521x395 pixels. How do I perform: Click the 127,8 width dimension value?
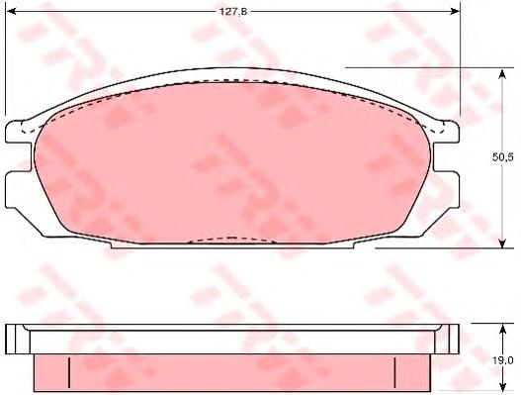coord(233,12)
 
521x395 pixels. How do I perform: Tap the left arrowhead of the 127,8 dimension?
coord(11,12)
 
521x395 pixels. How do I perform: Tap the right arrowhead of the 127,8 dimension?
coord(455,12)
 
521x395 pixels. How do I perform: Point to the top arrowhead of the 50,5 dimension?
coord(502,73)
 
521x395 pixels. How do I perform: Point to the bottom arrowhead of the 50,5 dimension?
coord(502,243)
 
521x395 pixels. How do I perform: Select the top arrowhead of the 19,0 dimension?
coord(502,329)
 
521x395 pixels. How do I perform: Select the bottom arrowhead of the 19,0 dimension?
coord(502,386)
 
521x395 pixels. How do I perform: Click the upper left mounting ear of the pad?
coord(17,133)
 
